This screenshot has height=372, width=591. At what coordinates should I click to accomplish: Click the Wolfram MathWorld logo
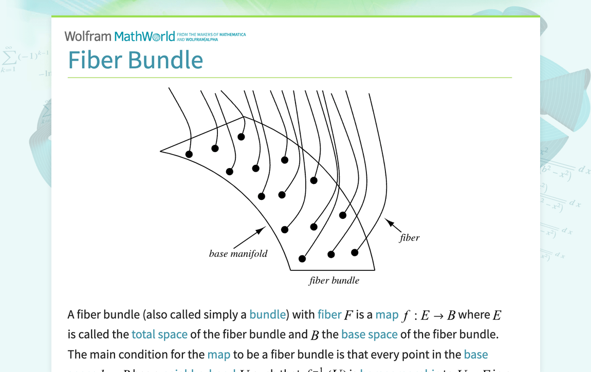coord(120,36)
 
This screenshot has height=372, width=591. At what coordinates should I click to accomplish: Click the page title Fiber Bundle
coord(136,60)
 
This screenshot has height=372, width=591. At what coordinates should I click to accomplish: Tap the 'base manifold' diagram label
coord(238,254)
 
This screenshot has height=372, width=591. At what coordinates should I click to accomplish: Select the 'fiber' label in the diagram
coord(410,238)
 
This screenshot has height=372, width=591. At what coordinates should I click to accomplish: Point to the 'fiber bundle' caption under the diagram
coord(334,281)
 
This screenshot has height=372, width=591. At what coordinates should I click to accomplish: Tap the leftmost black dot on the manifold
coord(189,154)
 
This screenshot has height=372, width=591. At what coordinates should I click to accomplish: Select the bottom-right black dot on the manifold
coord(355,252)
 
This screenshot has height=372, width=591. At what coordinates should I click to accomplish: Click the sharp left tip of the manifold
coord(161,151)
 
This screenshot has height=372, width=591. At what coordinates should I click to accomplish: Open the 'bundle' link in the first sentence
coord(267,314)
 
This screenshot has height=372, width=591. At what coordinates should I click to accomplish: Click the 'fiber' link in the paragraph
coord(329,314)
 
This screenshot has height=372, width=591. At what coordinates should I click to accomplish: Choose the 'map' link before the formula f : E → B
coord(386,314)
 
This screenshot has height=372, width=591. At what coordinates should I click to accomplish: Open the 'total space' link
coord(159,334)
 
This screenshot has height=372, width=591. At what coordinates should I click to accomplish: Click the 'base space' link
coord(369,334)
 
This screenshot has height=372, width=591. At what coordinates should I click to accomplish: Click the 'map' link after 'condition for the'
coord(219,355)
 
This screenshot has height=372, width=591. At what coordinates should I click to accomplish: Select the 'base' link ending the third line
coord(475,355)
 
